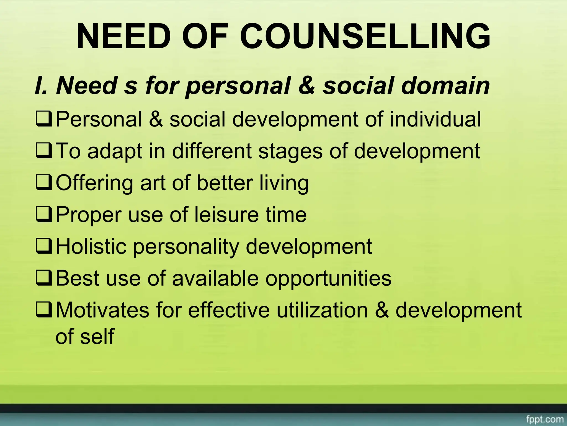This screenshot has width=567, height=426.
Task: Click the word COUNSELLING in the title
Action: (x=365, y=36)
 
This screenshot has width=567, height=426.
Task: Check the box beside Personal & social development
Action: (x=43, y=120)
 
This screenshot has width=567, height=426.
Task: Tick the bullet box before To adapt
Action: (x=43, y=152)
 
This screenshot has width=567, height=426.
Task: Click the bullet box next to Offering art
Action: (x=43, y=184)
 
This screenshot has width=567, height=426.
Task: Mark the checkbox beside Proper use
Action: (x=43, y=215)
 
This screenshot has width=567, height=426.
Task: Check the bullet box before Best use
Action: (x=43, y=279)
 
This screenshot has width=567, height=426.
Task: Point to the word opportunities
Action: (x=328, y=279)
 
